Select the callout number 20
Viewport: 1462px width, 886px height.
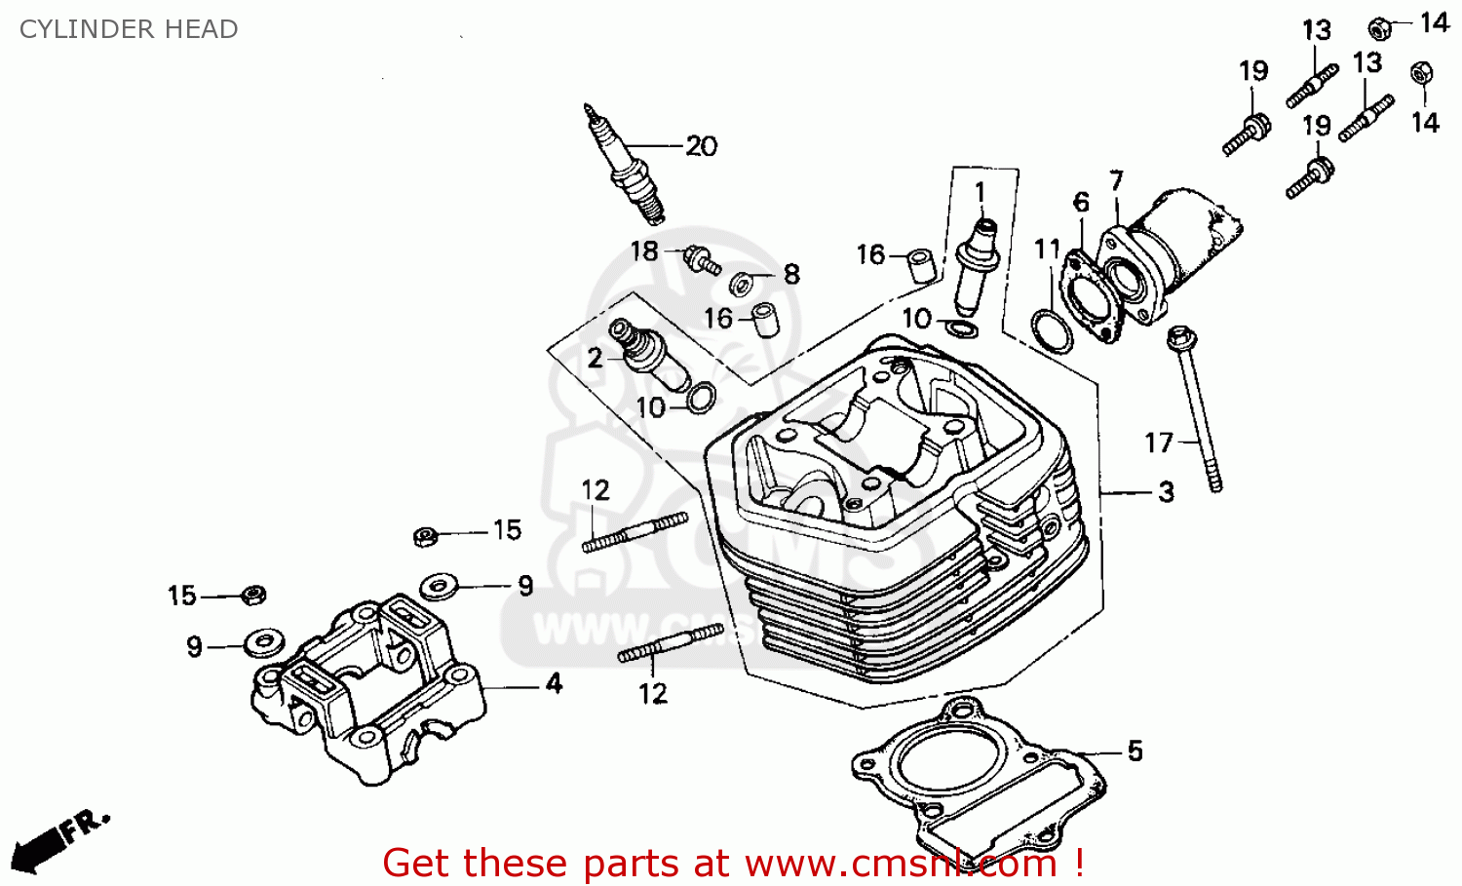point(701,146)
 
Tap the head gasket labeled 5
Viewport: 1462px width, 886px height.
point(975,780)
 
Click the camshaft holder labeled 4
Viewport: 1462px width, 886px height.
point(370,687)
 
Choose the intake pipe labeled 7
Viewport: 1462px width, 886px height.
point(1165,253)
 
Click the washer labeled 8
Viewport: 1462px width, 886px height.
point(741,284)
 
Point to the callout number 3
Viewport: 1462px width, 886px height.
point(1166,492)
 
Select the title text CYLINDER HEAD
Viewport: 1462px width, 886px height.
point(129,29)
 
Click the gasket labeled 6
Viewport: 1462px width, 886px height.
point(1089,292)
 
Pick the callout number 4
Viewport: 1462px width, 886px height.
point(554,683)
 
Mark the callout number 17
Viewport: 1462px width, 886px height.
point(1158,443)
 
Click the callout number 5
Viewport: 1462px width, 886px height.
point(1135,751)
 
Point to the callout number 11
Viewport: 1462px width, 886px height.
point(1047,250)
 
